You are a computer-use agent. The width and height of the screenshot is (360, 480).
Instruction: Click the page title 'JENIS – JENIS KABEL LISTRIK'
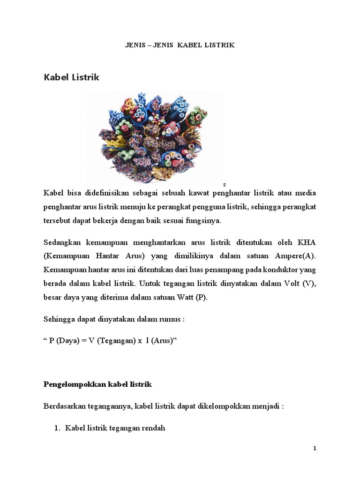coord(180,45)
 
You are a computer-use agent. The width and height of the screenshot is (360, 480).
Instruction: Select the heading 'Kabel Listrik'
coord(71,77)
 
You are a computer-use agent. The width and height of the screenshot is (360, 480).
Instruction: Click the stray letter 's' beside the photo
coord(225,185)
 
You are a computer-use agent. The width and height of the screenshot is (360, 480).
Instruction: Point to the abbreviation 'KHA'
coord(307,243)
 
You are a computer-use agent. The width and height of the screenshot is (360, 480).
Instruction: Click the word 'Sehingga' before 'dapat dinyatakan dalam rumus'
coord(58,319)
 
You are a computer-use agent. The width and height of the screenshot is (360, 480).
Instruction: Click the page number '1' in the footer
coord(315,449)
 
